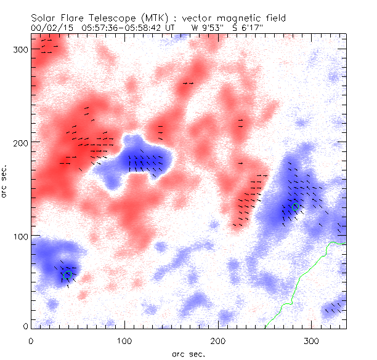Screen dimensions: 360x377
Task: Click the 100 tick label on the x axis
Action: pos(124,340)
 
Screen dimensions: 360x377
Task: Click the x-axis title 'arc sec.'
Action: pos(188,353)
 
